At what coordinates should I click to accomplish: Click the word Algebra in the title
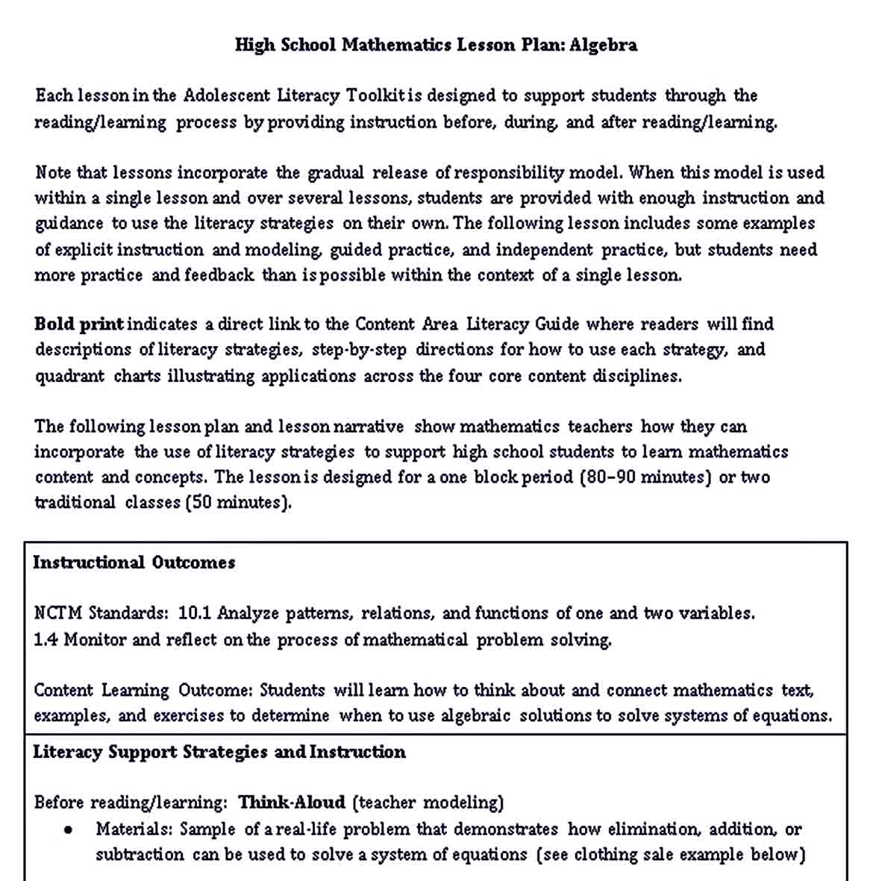[x=603, y=45]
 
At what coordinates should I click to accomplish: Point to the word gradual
[x=336, y=173]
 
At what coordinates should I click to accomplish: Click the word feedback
[x=219, y=275]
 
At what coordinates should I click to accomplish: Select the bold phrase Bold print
[x=79, y=324]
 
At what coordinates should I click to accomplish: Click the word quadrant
[x=69, y=376]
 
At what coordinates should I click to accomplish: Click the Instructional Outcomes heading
[x=134, y=562]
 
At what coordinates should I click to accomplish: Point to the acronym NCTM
[x=58, y=613]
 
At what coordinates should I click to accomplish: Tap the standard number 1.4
[x=46, y=640]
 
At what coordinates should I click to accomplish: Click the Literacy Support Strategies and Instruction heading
[x=219, y=752]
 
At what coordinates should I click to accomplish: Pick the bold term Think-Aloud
[x=292, y=803]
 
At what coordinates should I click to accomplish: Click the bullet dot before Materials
[x=69, y=830]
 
